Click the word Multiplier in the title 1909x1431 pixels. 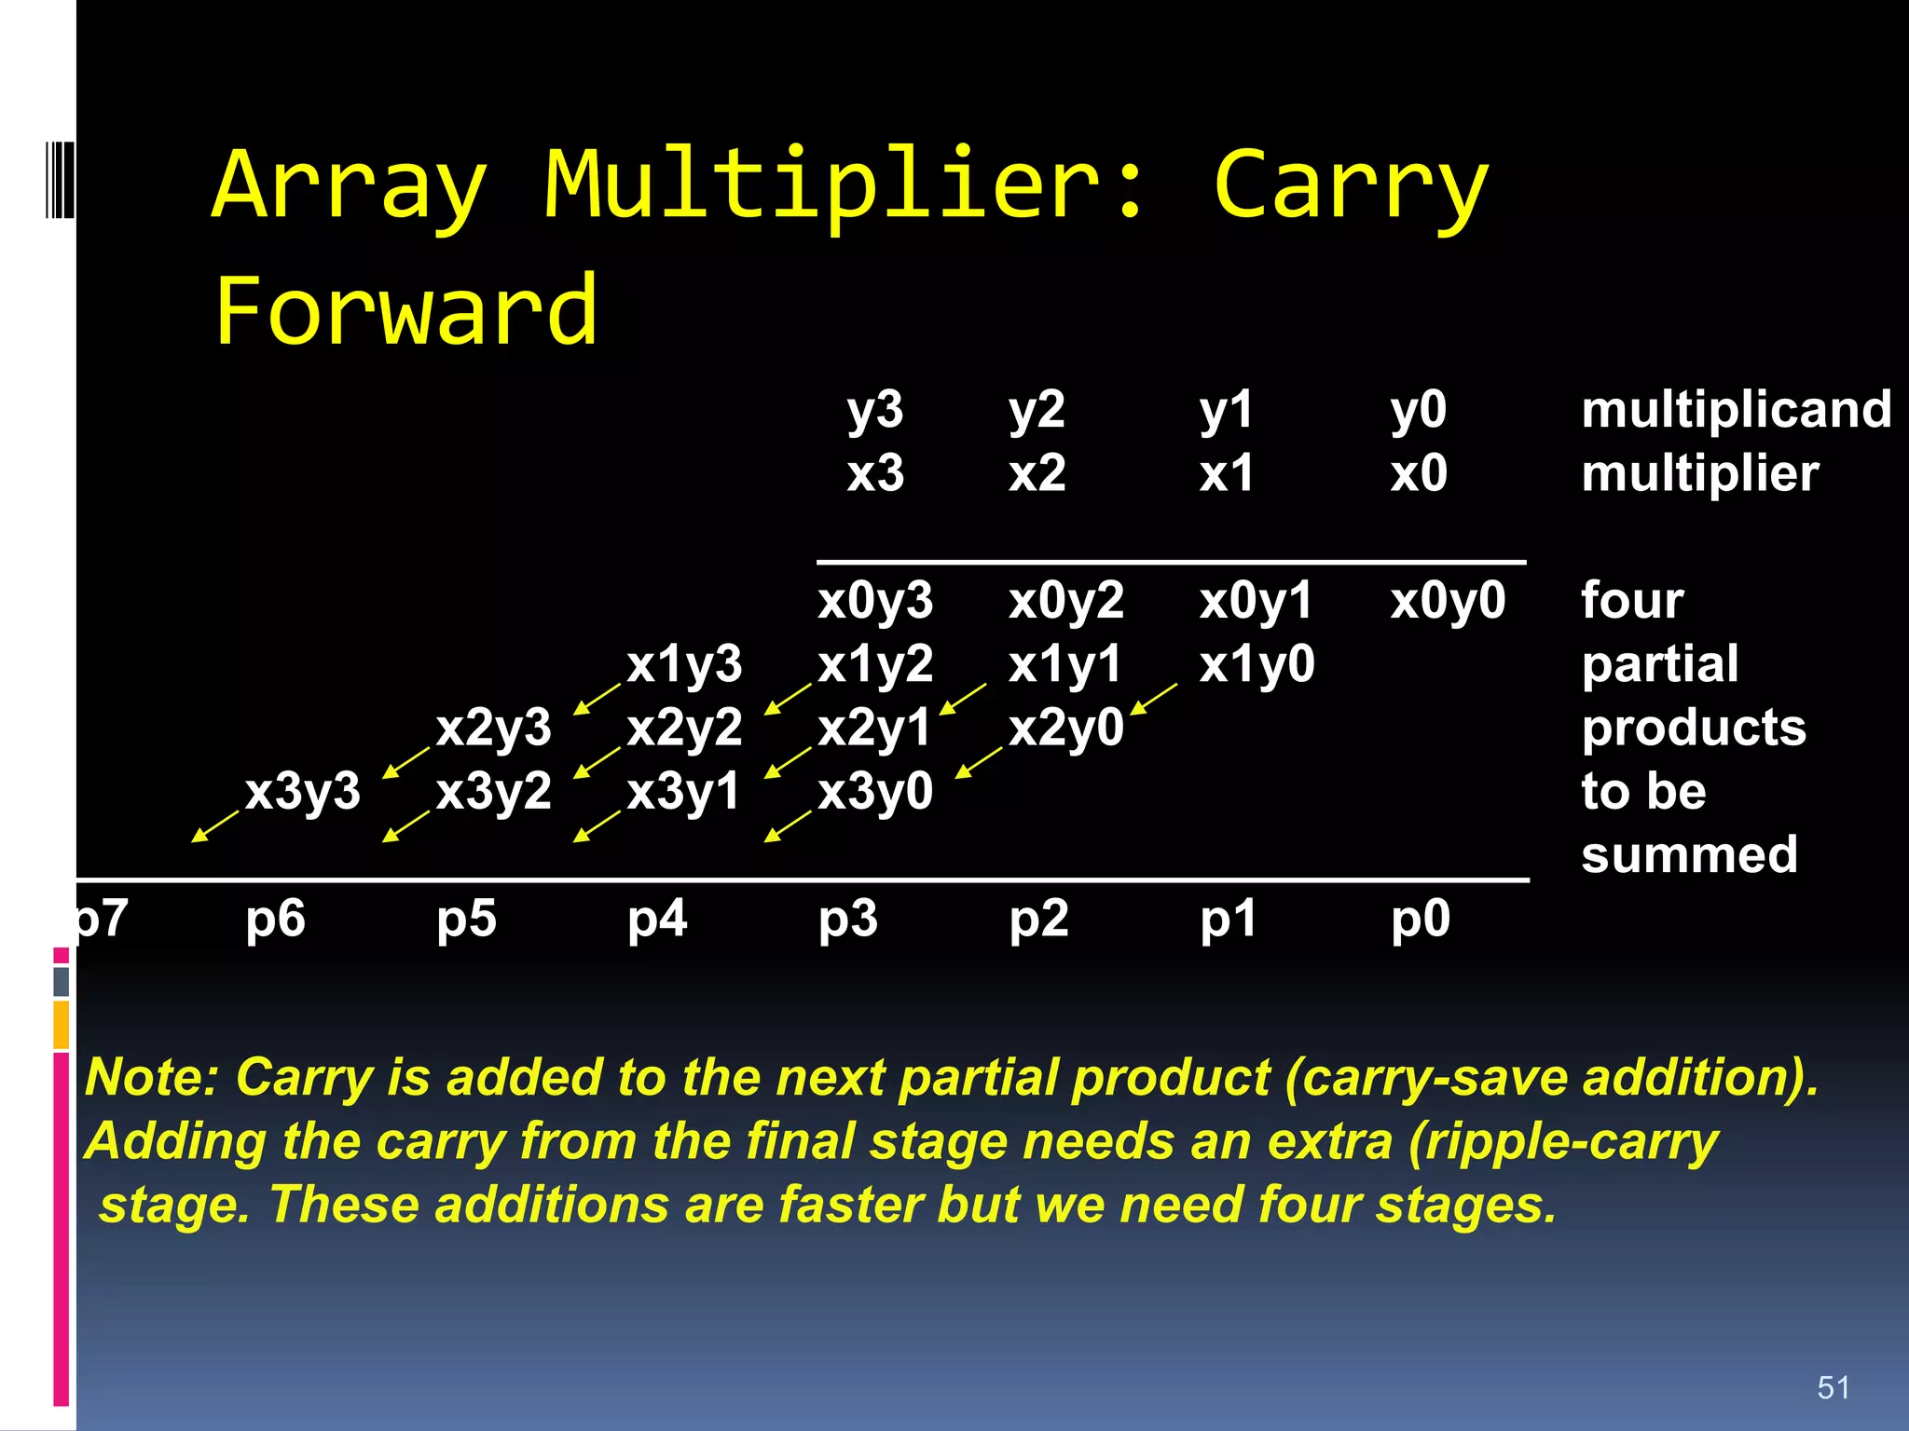click(x=845, y=186)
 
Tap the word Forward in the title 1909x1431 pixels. click(x=405, y=311)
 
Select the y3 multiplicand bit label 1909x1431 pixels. click(x=874, y=410)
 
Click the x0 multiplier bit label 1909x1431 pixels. click(x=1418, y=473)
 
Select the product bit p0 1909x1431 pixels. click(x=1420, y=919)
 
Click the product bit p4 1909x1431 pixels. click(x=656, y=919)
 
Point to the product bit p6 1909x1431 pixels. click(x=275, y=919)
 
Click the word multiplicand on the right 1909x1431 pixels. click(x=1736, y=410)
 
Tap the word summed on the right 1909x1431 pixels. click(x=1689, y=854)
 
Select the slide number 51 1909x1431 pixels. click(x=1833, y=1387)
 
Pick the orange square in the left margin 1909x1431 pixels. click(x=62, y=1024)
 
